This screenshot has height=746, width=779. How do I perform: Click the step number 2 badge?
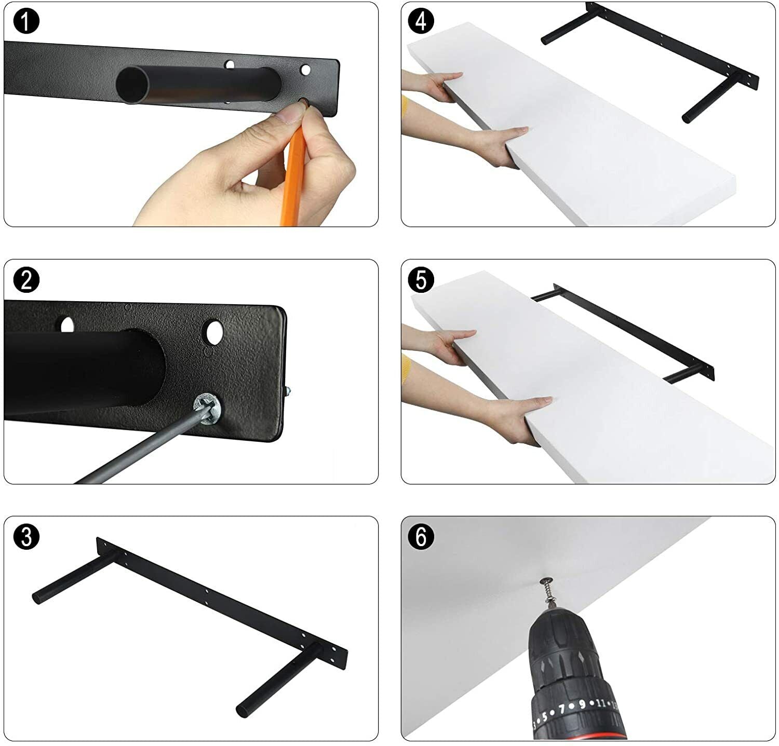[26, 280]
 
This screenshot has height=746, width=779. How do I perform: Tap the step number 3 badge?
[26, 537]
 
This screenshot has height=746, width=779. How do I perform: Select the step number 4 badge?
[421, 22]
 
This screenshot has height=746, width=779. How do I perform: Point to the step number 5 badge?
[421, 280]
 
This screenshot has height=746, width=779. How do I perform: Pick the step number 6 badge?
[421, 537]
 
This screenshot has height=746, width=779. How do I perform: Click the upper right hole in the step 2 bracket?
[213, 333]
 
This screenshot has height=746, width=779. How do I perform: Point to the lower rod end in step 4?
[688, 118]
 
